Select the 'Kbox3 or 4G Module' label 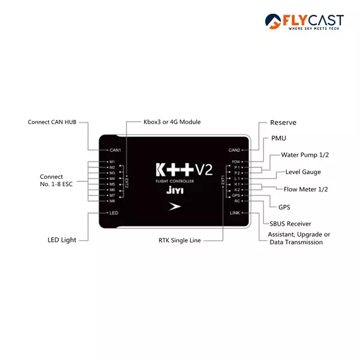pos(172,122)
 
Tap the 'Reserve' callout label pos(283,122)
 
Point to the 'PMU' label pos(278,138)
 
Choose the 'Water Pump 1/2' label pos(305,155)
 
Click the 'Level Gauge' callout pos(303,172)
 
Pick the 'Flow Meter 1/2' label pos(306,190)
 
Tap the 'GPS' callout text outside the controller pos(284,207)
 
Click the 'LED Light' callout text pos(62,240)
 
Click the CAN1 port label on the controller pos(115,150)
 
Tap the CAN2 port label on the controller pos(234,150)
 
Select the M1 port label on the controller pos(112,162)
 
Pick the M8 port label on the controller pos(112,201)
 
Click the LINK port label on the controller pos(235,213)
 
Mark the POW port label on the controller pos(236,162)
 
